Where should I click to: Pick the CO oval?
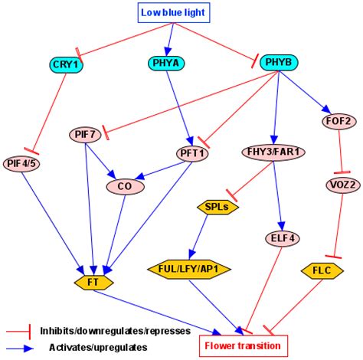click(x=123, y=185)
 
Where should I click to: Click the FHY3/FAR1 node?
click(x=273, y=151)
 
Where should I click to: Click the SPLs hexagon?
click(x=212, y=206)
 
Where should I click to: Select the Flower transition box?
click(x=242, y=345)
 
